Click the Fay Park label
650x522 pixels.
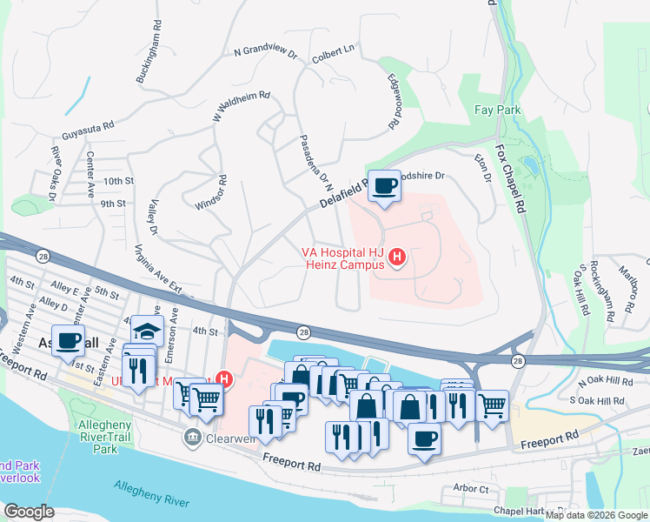coord(498,110)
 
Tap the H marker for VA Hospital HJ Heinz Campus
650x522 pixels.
coord(398,257)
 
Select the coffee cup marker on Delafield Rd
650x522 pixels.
coord(384,185)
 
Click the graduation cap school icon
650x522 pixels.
coord(147,331)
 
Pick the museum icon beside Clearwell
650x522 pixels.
coord(192,438)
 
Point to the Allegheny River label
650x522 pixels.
coord(153,502)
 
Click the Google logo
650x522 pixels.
coord(29,512)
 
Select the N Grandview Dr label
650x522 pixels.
coord(265,53)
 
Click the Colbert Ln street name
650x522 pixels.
coord(334,50)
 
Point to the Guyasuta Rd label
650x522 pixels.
coord(88,131)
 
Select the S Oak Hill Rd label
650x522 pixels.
coord(596,401)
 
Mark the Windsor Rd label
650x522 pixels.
coord(211,192)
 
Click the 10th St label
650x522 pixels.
coord(118,181)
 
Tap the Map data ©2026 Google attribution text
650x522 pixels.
coord(597,515)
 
